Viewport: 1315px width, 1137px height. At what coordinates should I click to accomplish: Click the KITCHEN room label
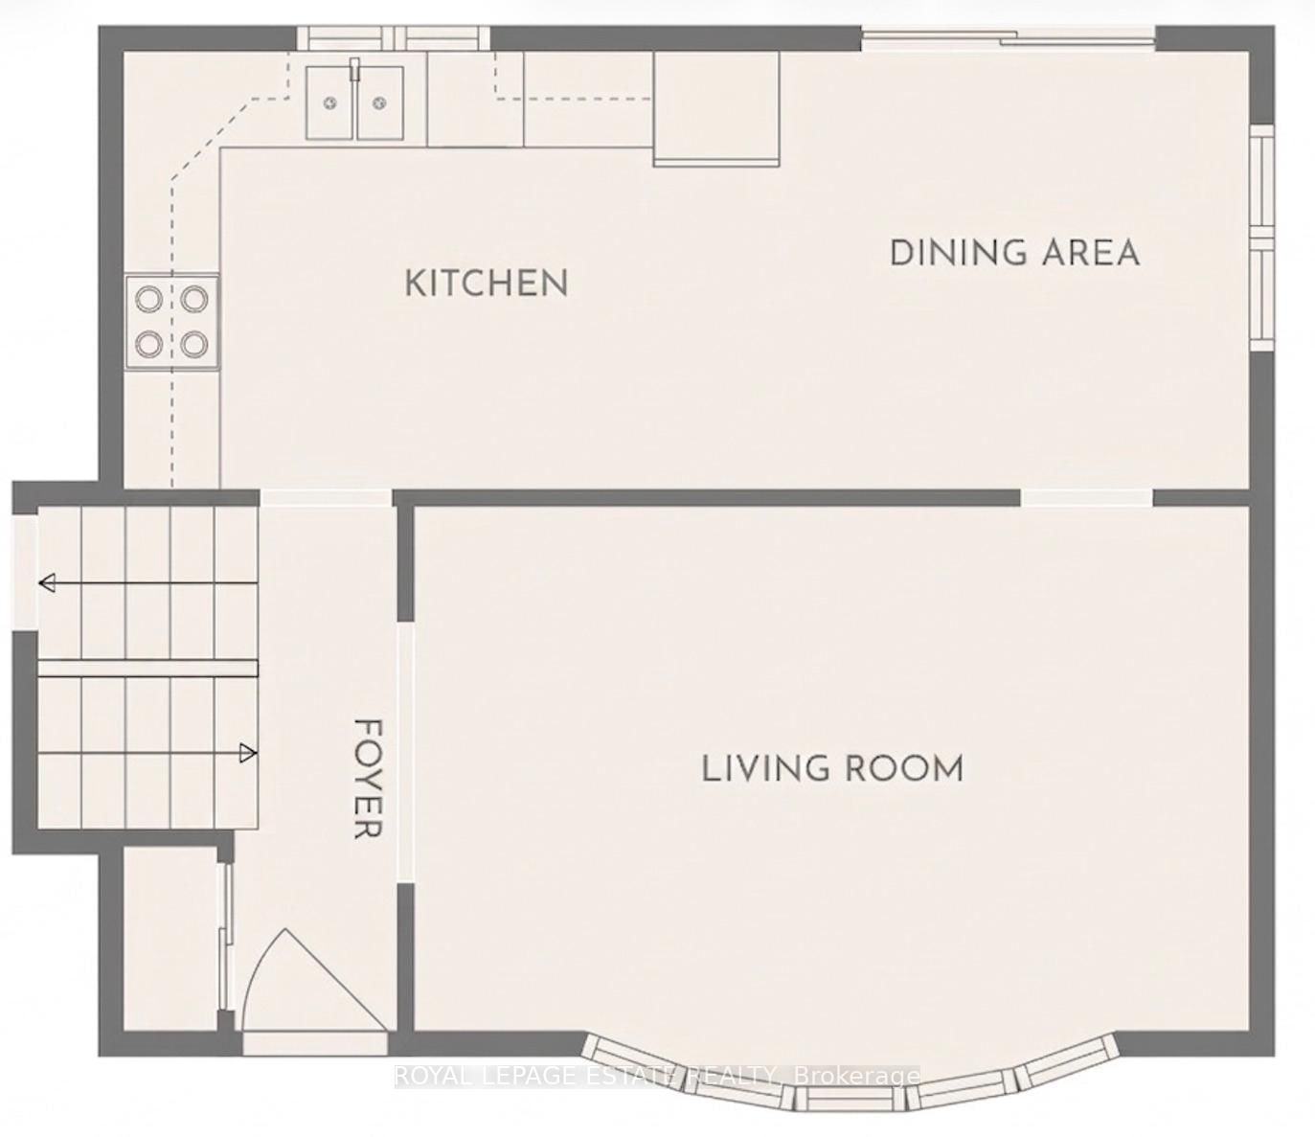coord(487,284)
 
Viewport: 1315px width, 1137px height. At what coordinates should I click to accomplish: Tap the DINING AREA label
coord(1014,253)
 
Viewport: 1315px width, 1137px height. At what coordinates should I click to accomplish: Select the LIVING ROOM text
coord(833,769)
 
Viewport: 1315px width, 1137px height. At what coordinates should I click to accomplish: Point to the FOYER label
coord(367,779)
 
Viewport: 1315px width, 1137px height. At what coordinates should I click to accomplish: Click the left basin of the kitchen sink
coord(329,103)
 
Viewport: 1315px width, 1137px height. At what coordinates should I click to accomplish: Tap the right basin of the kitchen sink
coord(380,103)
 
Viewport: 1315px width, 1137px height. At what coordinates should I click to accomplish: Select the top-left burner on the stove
coord(147,299)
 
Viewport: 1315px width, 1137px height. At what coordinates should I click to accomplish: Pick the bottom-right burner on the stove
coord(194,344)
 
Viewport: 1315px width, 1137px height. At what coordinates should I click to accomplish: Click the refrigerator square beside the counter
coord(717,109)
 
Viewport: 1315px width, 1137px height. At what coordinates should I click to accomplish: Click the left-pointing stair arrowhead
coord(47,582)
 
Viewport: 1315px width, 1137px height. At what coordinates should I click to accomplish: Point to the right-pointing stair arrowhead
coord(249,755)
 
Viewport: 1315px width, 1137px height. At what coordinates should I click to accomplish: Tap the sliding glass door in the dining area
coord(1009,38)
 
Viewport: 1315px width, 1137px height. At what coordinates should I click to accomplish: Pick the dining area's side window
coord(1262,237)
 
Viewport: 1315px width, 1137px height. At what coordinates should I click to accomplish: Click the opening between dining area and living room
coord(1087,497)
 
